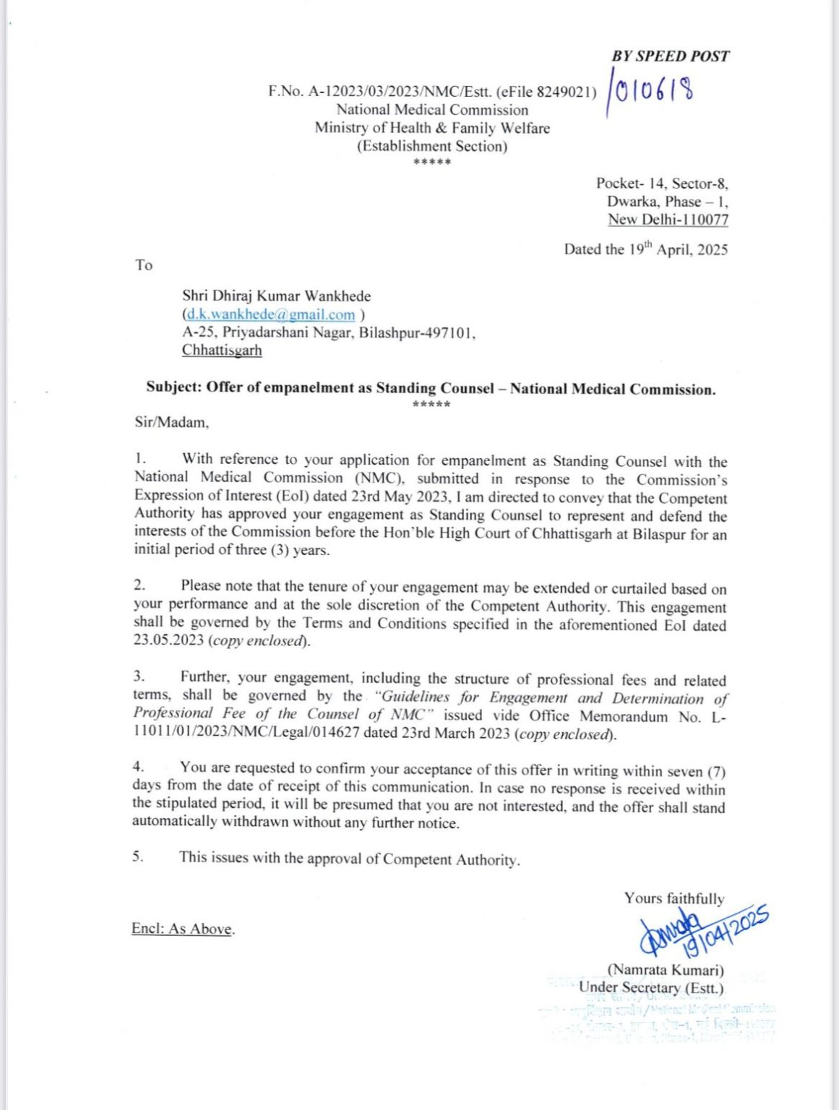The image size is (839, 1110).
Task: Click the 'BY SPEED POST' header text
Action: pyautogui.click(x=670, y=56)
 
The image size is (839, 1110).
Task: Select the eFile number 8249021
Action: pyautogui.click(x=567, y=92)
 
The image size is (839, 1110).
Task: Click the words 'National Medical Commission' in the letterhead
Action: pyautogui.click(x=431, y=110)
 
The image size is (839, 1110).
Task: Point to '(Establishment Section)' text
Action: pyautogui.click(x=431, y=146)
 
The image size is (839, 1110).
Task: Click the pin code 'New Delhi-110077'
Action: pyautogui.click(x=668, y=220)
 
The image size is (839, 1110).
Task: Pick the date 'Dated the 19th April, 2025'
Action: pyautogui.click(x=645, y=249)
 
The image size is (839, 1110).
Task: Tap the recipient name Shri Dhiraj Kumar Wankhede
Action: pyautogui.click(x=276, y=296)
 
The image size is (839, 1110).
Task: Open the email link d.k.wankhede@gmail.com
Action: pyautogui.click(x=271, y=314)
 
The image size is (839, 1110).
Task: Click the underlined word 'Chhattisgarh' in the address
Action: pyautogui.click(x=222, y=350)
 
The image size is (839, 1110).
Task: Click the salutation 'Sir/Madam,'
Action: pyautogui.click(x=171, y=422)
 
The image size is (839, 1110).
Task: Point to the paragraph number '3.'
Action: pyautogui.click(x=139, y=676)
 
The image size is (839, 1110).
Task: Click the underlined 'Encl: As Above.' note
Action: pyautogui.click(x=183, y=929)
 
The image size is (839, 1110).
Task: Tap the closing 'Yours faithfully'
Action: pyautogui.click(x=674, y=898)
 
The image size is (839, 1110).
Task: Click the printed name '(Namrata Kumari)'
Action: pyautogui.click(x=665, y=970)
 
